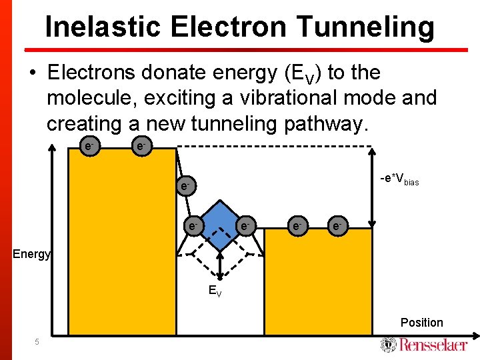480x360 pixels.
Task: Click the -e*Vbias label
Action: pos(399,179)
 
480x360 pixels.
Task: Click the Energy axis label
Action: pos(31,253)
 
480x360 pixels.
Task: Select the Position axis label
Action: pos(421,323)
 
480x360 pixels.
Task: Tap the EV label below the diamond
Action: pos(215,290)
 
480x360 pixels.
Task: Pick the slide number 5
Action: pos(37,342)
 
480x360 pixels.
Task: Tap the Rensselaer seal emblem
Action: pos(388,344)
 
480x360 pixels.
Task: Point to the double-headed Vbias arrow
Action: pos(372,187)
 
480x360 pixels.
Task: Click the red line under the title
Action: pos(247,49)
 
